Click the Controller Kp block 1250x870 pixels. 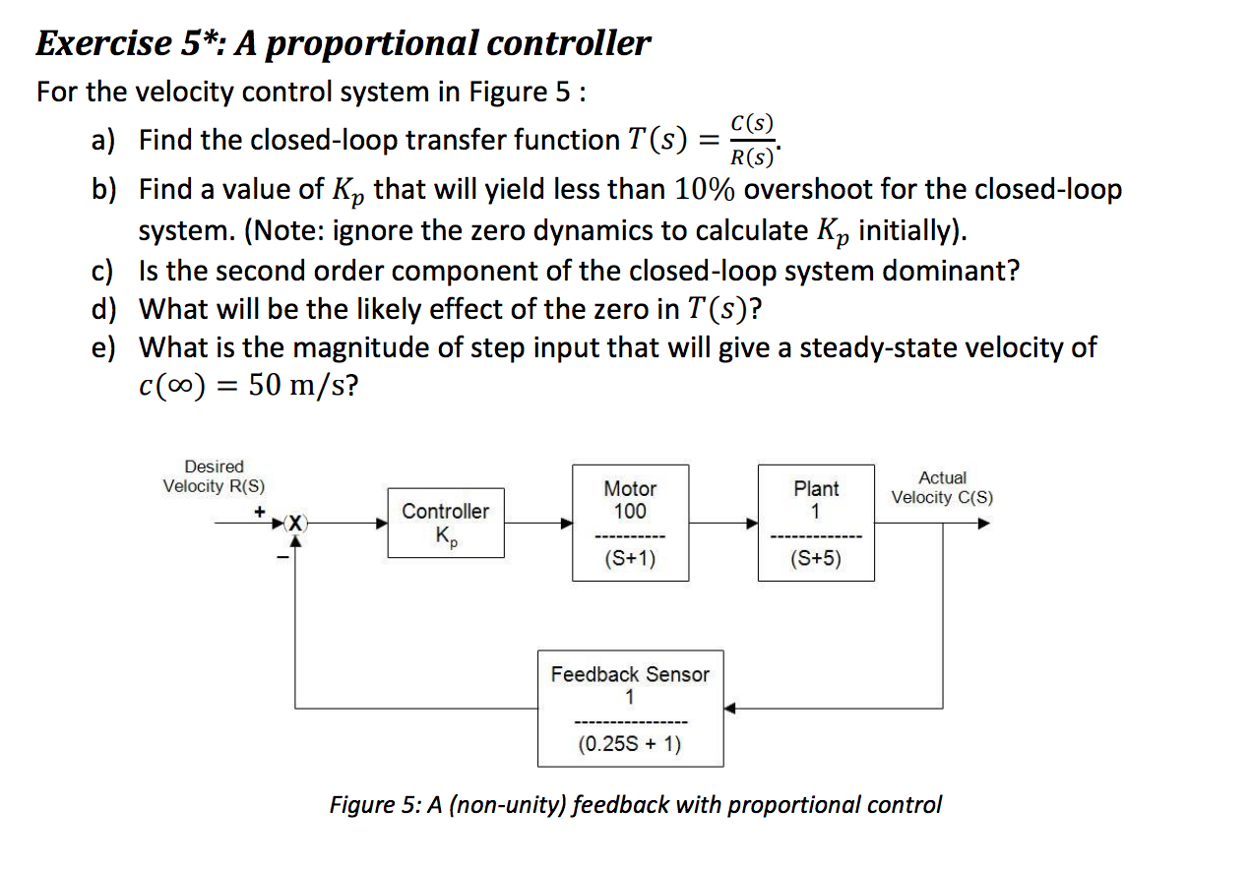pos(445,523)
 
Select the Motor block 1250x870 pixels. pos(630,523)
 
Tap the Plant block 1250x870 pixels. pos(816,523)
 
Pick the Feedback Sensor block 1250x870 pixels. pos(630,709)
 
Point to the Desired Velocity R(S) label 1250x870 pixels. pos(214,476)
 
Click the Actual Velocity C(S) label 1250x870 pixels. pos(942,487)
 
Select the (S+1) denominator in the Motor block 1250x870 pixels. pos(630,560)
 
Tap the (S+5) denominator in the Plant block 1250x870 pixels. pos(816,560)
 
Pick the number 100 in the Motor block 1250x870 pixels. pos(630,511)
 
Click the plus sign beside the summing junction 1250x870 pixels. pos(260,512)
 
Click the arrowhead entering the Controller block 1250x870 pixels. pos(381,524)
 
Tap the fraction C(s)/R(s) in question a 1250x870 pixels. pos(753,140)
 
